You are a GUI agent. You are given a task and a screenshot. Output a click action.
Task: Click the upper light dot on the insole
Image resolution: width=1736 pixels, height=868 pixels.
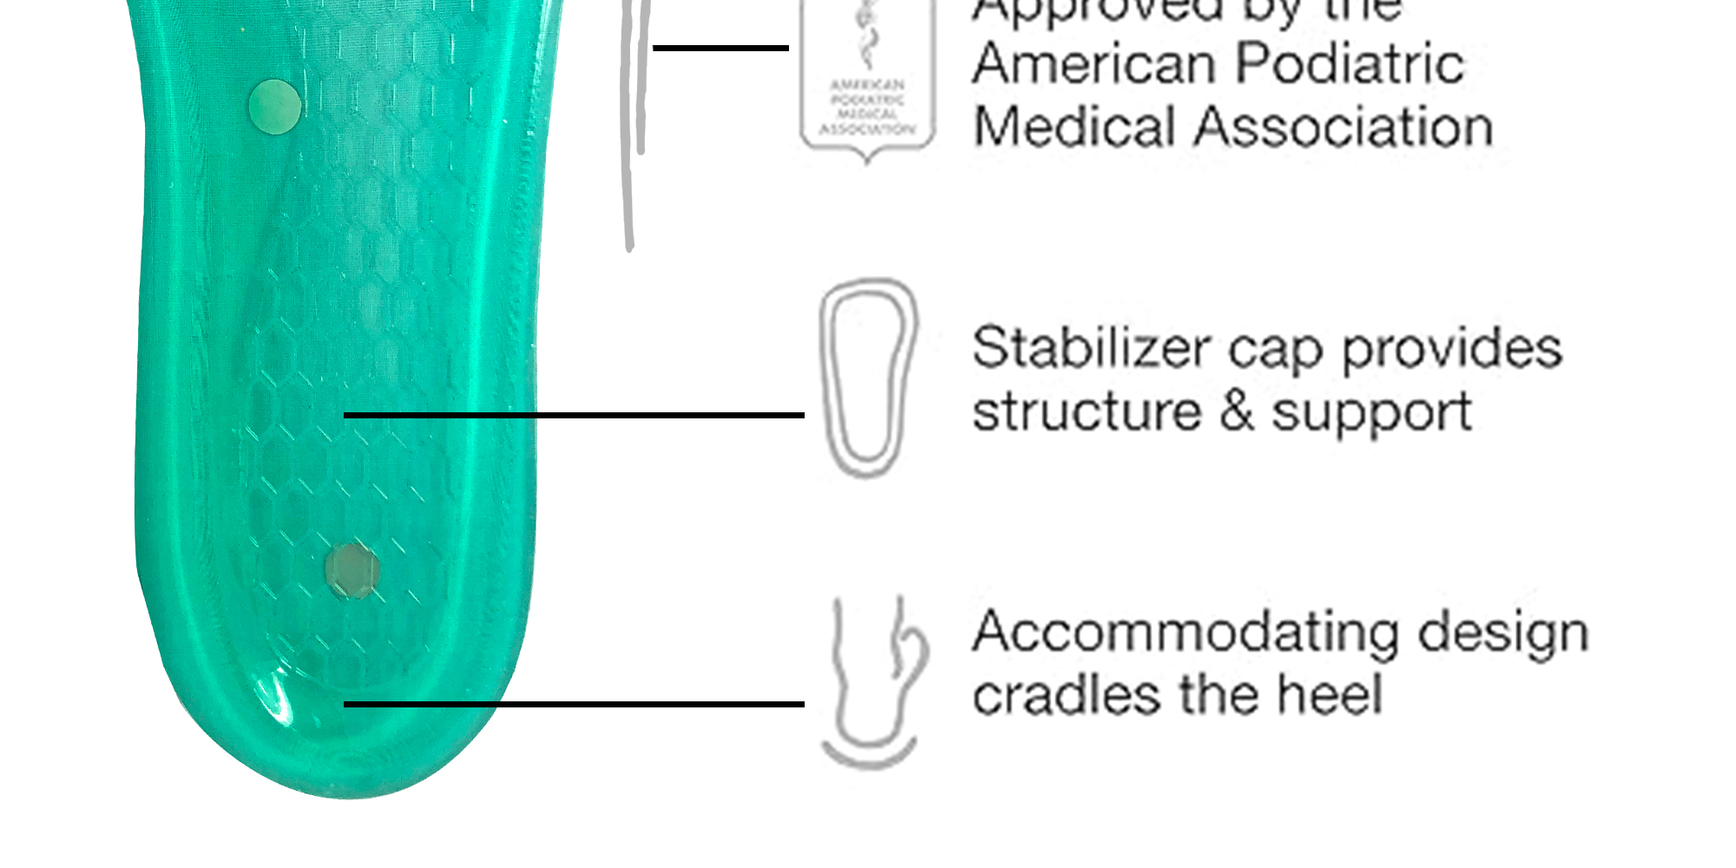[274, 107]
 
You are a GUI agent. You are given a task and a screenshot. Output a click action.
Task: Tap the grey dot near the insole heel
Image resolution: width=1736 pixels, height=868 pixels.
[352, 570]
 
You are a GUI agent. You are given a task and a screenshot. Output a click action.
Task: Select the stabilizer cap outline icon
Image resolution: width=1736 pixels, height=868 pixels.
[867, 378]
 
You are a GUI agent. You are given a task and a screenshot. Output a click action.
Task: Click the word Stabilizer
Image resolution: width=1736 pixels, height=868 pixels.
[1090, 348]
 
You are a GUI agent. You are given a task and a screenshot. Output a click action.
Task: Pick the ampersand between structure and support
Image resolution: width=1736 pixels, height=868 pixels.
[1237, 411]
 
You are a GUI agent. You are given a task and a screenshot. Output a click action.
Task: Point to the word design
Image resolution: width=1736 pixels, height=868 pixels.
[1503, 634]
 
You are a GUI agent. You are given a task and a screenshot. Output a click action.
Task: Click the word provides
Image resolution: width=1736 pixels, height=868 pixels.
[1452, 350]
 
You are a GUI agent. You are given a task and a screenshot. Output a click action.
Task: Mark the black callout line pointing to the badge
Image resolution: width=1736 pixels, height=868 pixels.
[720, 48]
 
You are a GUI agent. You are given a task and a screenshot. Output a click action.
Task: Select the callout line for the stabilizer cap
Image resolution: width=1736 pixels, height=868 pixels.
[573, 416]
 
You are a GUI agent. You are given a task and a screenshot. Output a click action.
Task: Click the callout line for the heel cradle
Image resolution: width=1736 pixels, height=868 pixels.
[573, 704]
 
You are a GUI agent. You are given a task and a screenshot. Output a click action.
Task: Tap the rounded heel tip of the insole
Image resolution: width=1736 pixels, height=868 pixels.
[347, 781]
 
